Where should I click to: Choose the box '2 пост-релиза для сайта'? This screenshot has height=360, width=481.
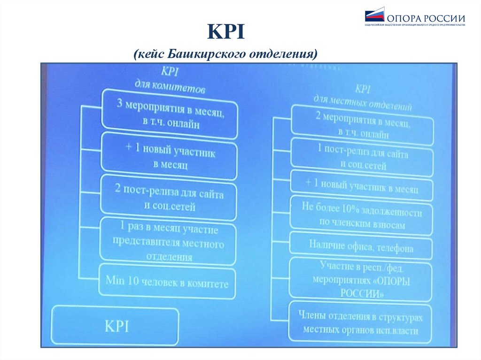click(x=169, y=199)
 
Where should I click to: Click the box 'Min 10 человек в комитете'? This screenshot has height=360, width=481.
click(x=167, y=283)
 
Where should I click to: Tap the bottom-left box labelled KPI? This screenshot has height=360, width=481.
click(x=116, y=326)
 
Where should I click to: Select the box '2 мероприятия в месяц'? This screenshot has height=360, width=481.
click(x=362, y=125)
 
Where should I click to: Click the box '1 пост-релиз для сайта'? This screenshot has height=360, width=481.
click(x=362, y=158)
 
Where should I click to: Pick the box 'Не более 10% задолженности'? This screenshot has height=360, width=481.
click(x=361, y=215)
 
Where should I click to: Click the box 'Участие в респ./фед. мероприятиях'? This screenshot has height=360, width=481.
click(x=361, y=280)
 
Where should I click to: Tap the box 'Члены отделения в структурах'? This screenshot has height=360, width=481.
click(x=361, y=322)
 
